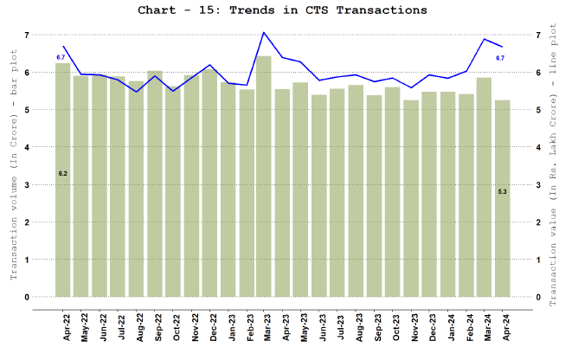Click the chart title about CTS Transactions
coord(282,10)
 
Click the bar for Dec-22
coord(209,183)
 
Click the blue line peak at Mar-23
coord(264,33)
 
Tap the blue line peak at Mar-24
coord(484,39)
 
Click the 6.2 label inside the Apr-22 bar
coord(63,174)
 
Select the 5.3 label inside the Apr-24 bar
coord(503,190)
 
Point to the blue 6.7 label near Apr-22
coord(61,57)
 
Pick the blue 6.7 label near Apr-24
coord(500,58)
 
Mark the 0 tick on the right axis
coord(539,298)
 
